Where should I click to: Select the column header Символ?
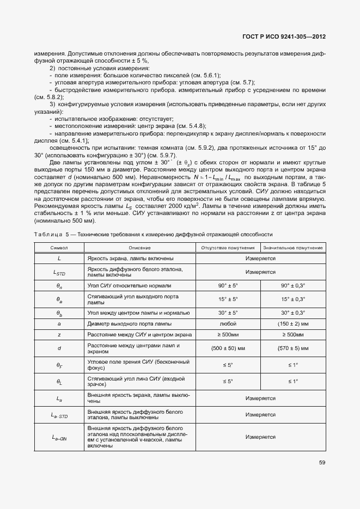59,248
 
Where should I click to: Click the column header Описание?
139,248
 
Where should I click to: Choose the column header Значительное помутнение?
292,248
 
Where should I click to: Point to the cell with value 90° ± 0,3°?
293,285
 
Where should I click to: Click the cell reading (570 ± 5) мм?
293,348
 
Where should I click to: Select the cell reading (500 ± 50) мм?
228,348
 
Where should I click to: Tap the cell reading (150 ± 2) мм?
293,323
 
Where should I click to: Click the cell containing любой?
228,323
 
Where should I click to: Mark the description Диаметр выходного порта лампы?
130,323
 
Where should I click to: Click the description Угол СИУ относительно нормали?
129,285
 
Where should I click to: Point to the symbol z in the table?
59,334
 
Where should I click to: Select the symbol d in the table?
59,348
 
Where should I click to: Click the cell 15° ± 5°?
228,299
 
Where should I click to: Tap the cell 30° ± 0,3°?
293,312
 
